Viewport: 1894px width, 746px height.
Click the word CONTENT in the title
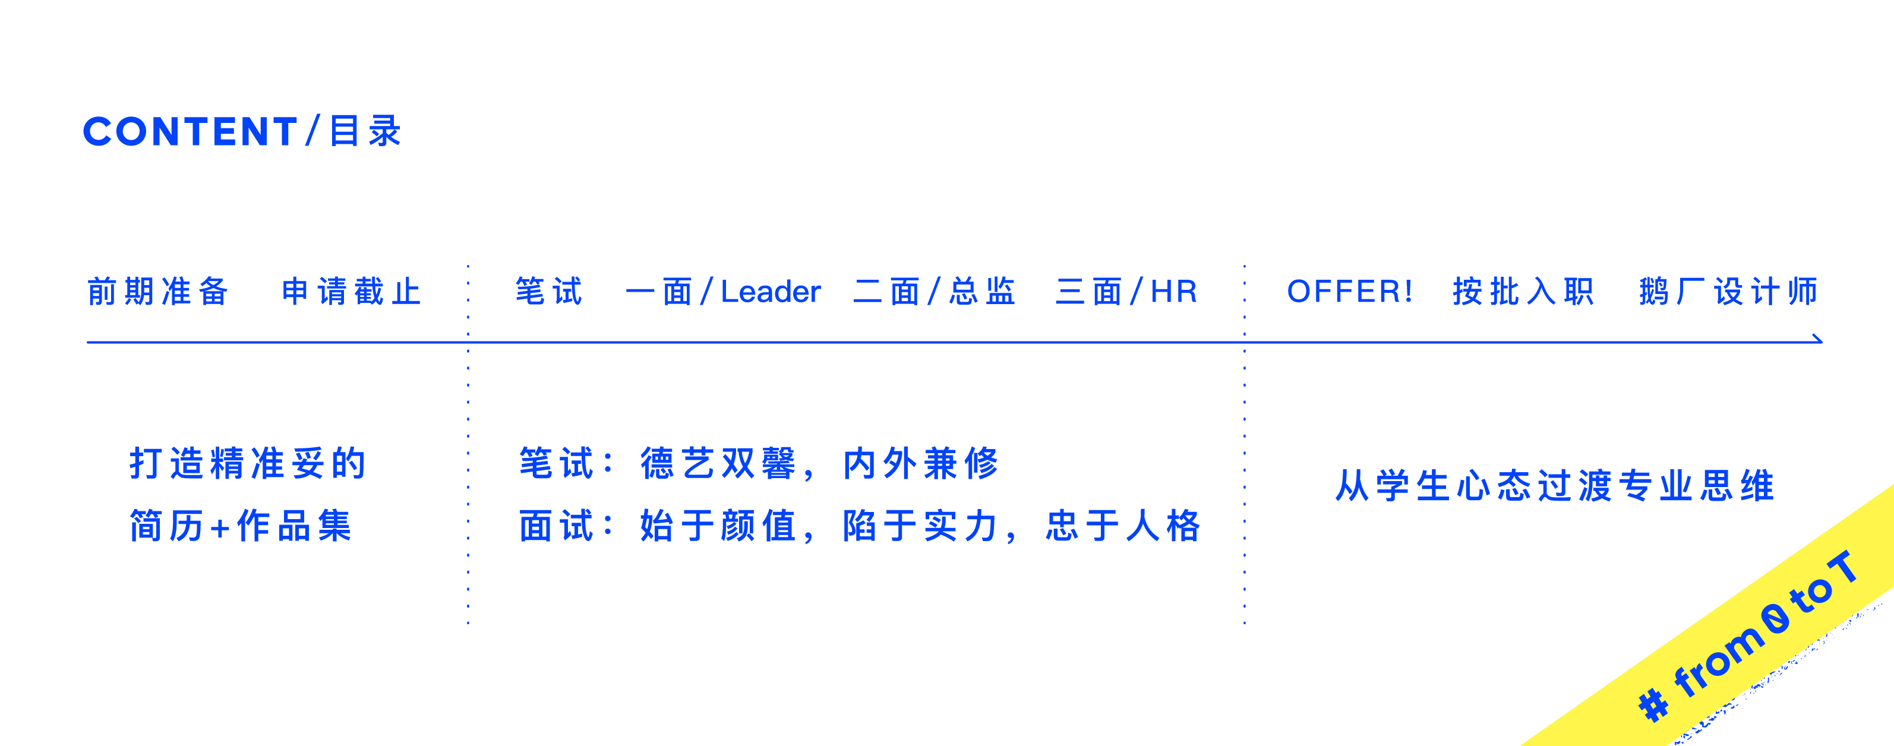pyautogui.click(x=190, y=132)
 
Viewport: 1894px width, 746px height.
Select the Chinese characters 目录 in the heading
pyautogui.click(x=365, y=132)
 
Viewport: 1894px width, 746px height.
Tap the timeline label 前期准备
pyautogui.click(x=158, y=292)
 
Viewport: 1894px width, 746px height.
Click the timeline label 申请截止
pyautogui.click(x=352, y=292)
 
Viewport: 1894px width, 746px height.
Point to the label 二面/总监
pyautogui.click(x=934, y=292)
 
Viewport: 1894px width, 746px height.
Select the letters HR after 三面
pyautogui.click(x=1173, y=292)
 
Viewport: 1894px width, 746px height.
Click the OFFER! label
pyautogui.click(x=1349, y=292)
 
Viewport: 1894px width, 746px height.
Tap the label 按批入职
pyautogui.click(x=1523, y=292)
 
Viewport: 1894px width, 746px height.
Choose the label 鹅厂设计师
pyautogui.click(x=1728, y=292)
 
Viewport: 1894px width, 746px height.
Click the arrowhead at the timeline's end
pyautogui.click(x=1817, y=340)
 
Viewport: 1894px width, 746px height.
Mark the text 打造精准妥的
pyautogui.click(x=248, y=464)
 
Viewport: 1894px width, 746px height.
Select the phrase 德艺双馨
pyautogui.click(x=718, y=464)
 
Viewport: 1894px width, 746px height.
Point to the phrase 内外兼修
pyautogui.click(x=920, y=464)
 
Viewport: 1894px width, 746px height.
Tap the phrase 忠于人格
pyautogui.click(x=1123, y=526)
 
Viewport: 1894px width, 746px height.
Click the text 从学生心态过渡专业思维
pyautogui.click(x=1554, y=486)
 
